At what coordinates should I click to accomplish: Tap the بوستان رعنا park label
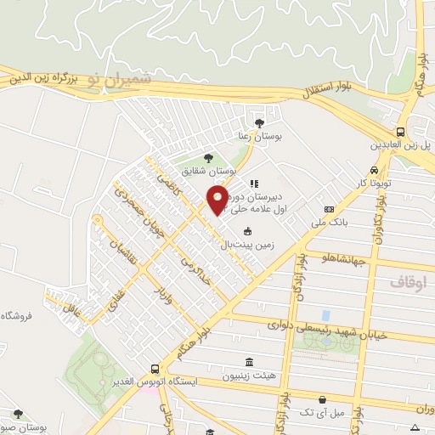259,136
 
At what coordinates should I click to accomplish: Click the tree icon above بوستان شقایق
209,157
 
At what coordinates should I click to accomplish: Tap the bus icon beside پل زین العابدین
401,132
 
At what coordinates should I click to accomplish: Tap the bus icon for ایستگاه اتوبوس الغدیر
154,369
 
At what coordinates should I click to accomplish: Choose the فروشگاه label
16,315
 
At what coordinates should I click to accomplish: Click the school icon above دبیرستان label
252,183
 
